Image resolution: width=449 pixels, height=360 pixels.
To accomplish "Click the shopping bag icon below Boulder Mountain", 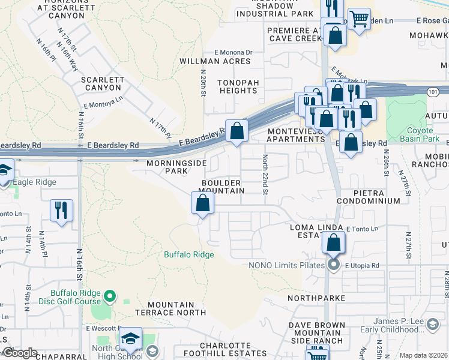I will point(203,203).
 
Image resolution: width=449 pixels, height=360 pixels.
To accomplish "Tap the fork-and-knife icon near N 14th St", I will point(61,211).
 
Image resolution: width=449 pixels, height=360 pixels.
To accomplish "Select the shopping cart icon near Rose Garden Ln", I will point(359,19).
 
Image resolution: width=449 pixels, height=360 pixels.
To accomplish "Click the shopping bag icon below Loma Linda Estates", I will point(334,243).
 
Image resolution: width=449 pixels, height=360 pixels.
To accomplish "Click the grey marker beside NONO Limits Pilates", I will point(334,265).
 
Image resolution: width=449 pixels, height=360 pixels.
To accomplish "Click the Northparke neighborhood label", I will point(316,298).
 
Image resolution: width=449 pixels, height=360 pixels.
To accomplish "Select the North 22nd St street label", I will point(265,175).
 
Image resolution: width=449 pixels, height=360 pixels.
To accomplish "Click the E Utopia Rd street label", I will point(362,265).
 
